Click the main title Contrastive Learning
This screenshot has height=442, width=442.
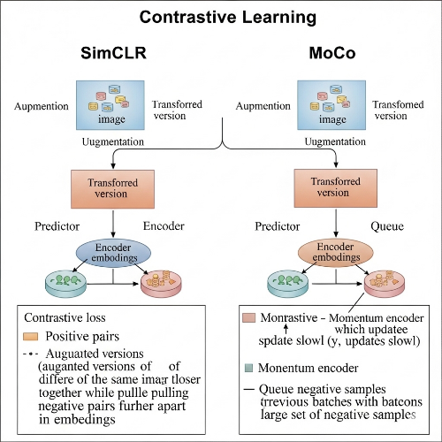click(x=220, y=17)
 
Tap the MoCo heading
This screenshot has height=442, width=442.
click(x=332, y=54)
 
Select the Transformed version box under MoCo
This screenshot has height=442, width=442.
click(x=332, y=187)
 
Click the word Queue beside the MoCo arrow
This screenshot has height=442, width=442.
click(x=385, y=226)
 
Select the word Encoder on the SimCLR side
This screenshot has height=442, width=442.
click(x=163, y=226)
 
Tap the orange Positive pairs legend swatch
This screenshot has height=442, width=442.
click(x=31, y=336)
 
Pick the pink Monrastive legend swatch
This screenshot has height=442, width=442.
click(x=249, y=316)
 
